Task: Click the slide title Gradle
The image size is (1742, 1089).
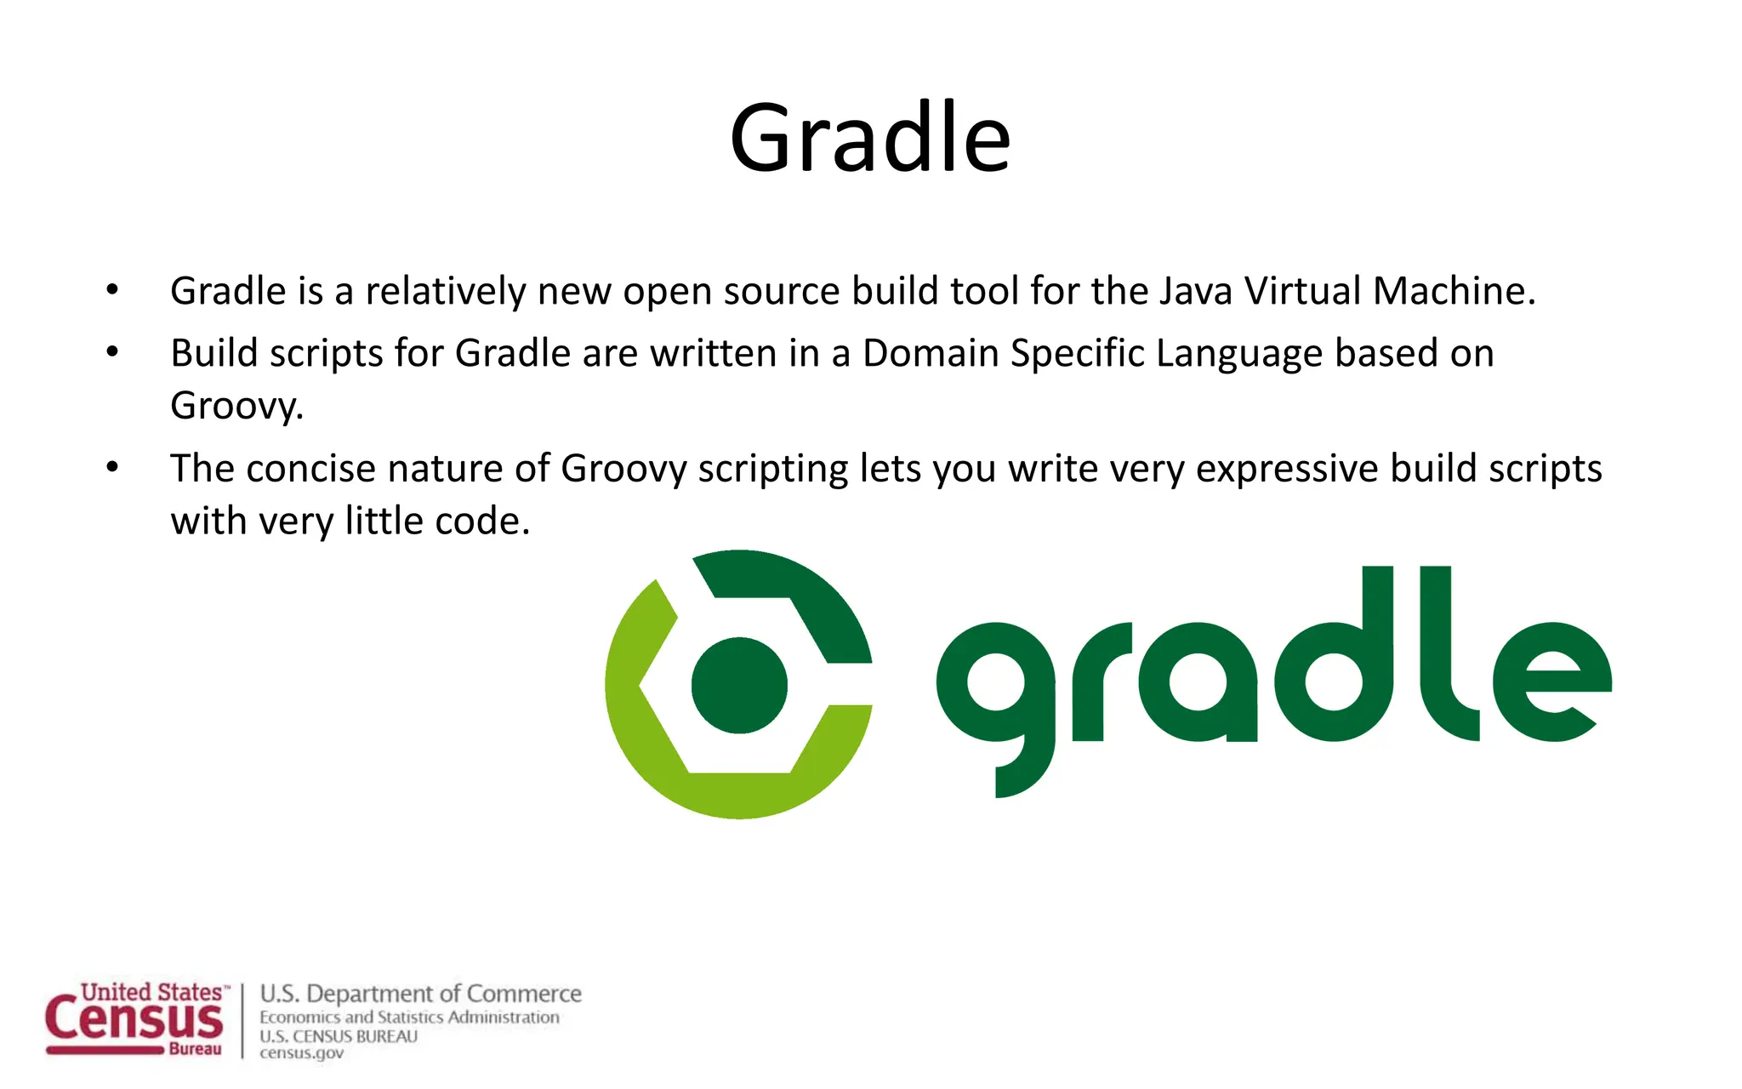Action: (870, 138)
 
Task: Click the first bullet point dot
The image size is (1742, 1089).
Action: (112, 291)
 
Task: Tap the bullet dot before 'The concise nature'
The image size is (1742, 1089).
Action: (112, 468)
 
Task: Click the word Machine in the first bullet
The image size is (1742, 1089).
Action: (1454, 291)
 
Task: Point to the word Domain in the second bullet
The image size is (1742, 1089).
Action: (931, 353)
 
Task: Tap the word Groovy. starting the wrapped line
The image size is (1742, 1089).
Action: (236, 406)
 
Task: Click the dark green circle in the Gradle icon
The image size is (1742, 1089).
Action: (739, 685)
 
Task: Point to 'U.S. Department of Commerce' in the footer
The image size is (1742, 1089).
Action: (420, 994)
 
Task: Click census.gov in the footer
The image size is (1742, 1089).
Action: (301, 1053)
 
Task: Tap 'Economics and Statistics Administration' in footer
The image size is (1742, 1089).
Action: (409, 1018)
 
